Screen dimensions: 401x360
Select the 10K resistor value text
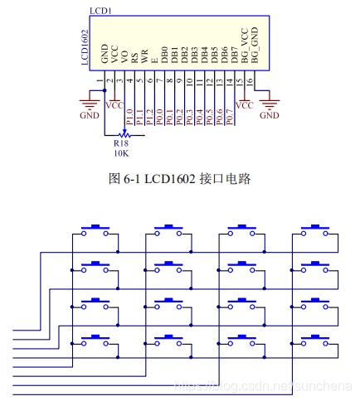[x=121, y=153]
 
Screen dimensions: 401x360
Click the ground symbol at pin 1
[x=89, y=104]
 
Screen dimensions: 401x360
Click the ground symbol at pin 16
[x=269, y=104]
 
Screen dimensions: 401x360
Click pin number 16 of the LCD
[x=249, y=81]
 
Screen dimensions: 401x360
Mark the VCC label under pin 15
[x=244, y=105]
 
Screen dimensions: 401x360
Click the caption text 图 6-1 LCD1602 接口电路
[x=179, y=177]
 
